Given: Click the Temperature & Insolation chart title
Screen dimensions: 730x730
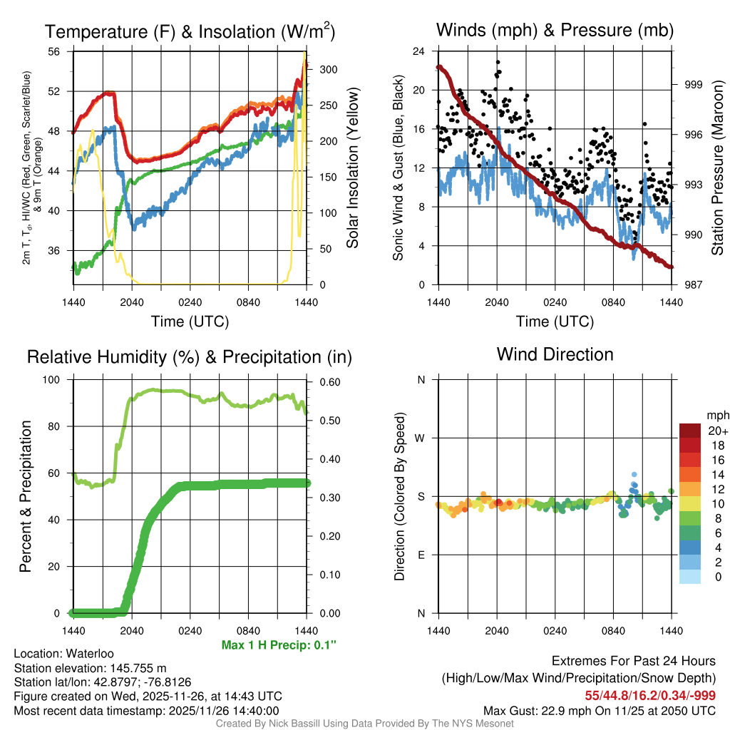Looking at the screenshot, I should coord(190,31).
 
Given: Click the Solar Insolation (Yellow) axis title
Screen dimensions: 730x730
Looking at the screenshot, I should coord(352,168).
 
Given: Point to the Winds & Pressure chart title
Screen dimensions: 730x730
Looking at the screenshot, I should coord(555,30).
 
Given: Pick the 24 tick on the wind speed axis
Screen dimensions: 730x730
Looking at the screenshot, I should coord(419,51).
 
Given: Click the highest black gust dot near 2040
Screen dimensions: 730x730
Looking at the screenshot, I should coord(498,62).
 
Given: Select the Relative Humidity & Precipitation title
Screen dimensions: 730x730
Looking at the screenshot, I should coord(190,356).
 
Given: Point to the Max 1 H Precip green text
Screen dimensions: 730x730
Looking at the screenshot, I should coord(279,645).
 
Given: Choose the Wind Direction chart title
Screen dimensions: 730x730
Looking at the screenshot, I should coord(555,354).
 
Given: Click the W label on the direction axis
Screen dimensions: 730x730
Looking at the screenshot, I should coord(421,438).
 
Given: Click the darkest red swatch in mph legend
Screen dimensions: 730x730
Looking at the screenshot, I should coord(690,431).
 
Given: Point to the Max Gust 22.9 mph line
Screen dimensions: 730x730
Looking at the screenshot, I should coord(600,710).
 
